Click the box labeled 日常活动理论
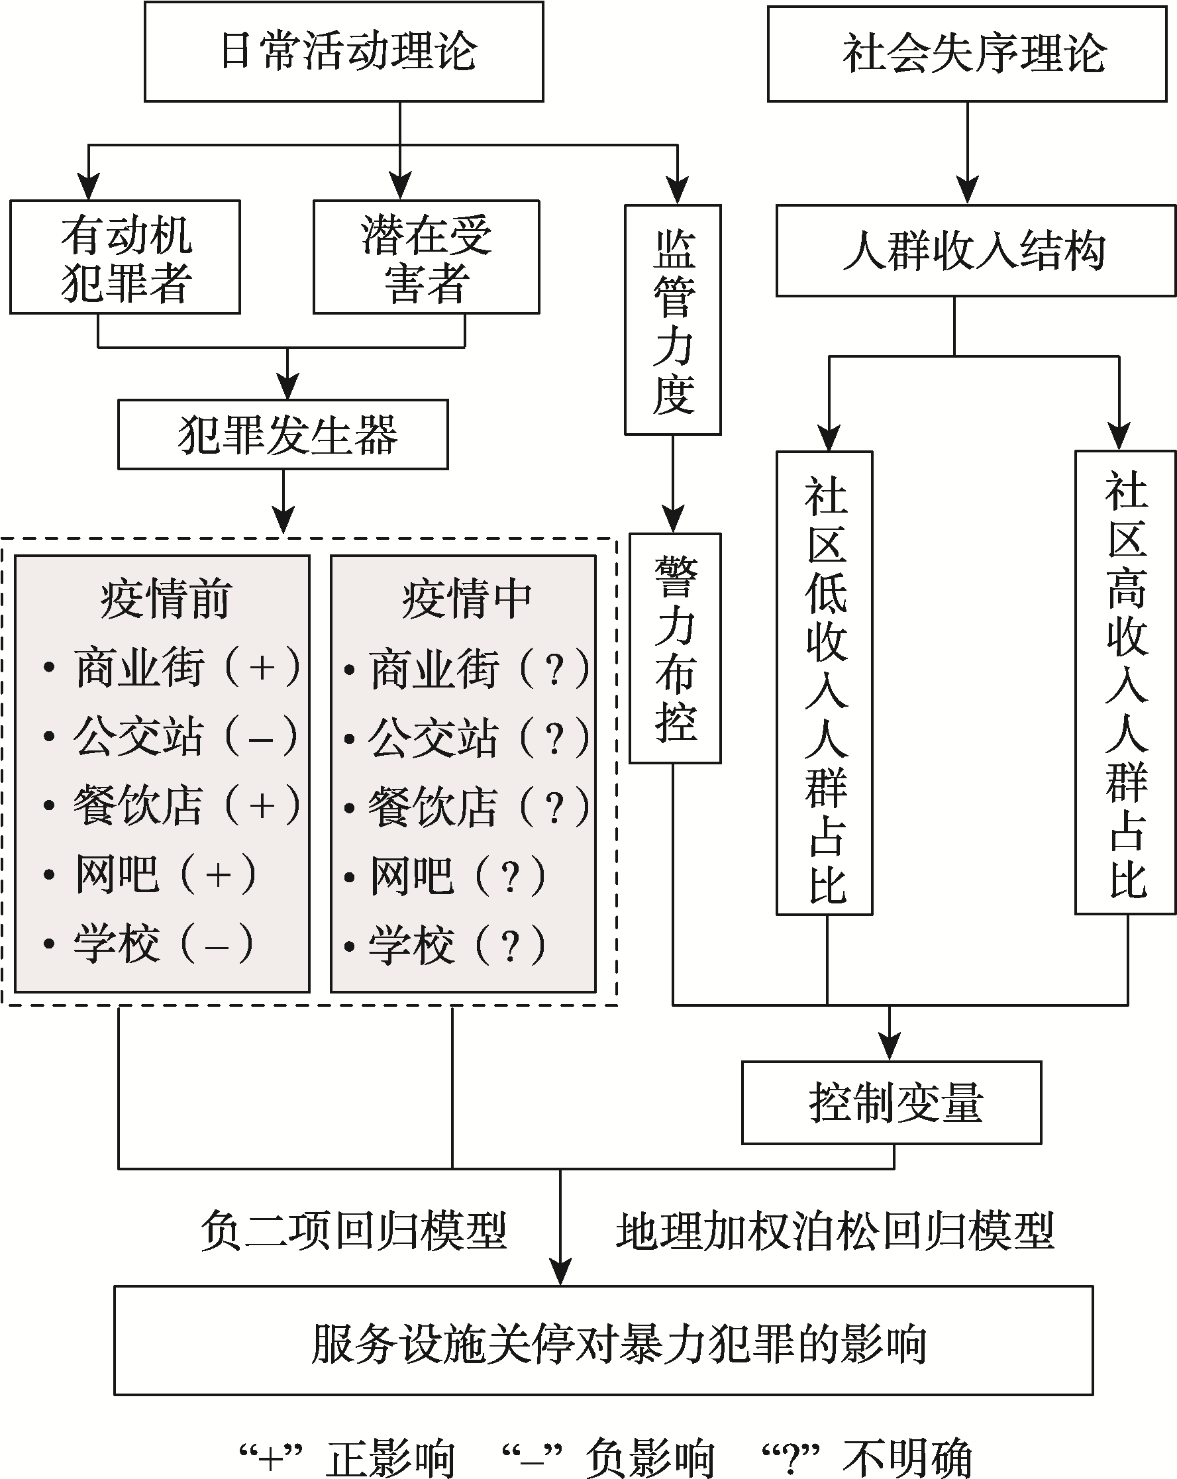click(344, 52)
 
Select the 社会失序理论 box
click(966, 54)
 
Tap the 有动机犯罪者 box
click(125, 257)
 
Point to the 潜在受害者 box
click(426, 257)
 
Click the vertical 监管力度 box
click(672, 320)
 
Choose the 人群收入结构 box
click(976, 250)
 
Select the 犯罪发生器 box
click(283, 435)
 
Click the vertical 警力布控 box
click(675, 648)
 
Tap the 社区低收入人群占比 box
click(825, 683)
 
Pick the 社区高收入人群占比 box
click(1125, 682)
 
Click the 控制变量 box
click(891, 1102)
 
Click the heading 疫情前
click(165, 599)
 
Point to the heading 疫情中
click(466, 599)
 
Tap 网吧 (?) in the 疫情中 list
click(457, 876)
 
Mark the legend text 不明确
click(907, 1457)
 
